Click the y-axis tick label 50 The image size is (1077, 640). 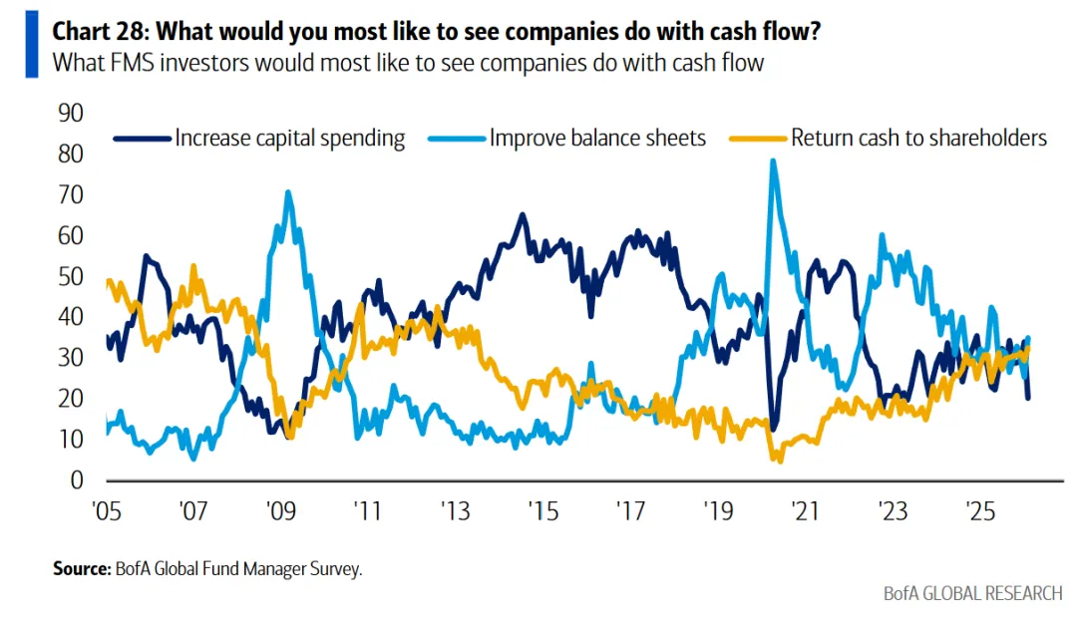pos(72,277)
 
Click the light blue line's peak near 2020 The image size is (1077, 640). pos(773,160)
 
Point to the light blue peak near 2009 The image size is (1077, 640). pos(288,192)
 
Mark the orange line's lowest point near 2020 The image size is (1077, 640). pos(778,461)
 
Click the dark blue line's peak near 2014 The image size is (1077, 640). pos(522,214)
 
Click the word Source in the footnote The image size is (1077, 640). pos(80,569)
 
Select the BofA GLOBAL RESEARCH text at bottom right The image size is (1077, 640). pos(973,594)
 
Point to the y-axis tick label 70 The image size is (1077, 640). pos(72,195)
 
